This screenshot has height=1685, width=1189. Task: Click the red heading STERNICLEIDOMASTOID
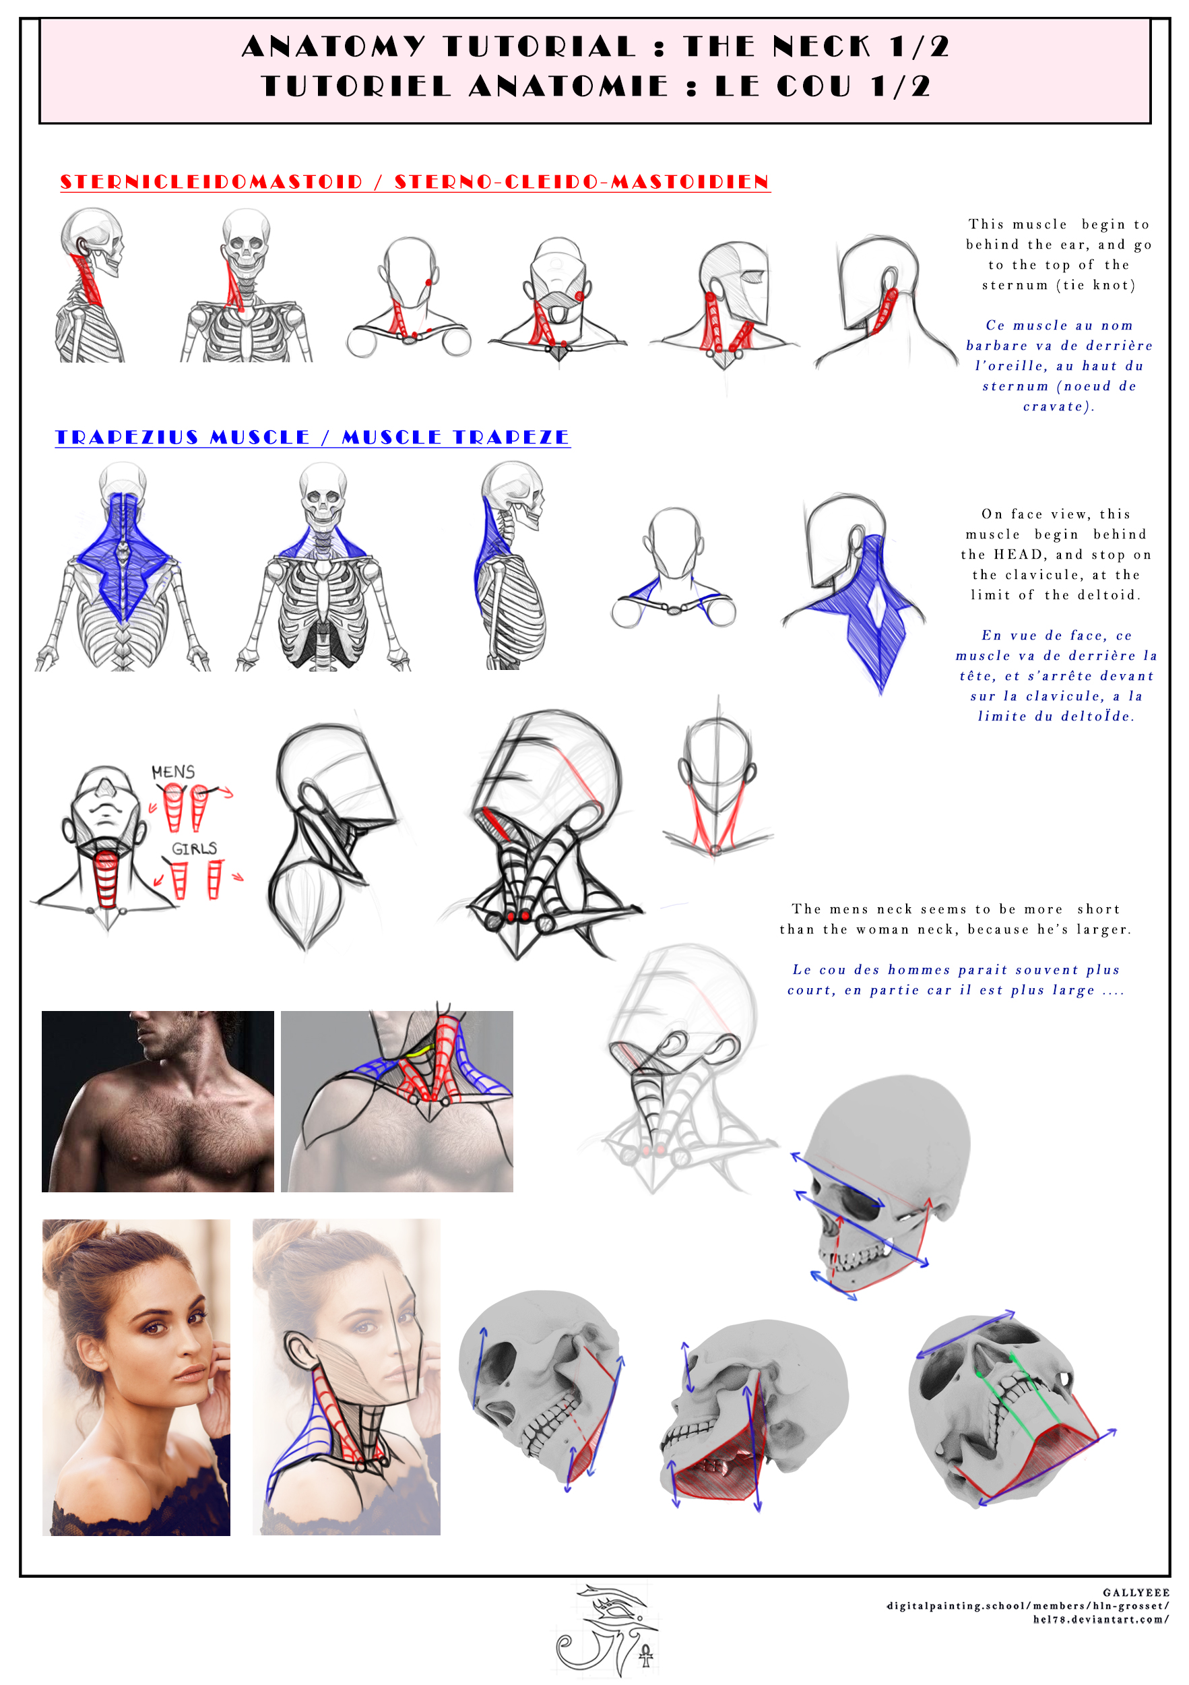(x=212, y=181)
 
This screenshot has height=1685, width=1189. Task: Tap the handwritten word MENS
(x=173, y=772)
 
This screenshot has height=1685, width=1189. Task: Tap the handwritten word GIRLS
(x=195, y=849)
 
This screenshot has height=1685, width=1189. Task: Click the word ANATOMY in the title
(x=333, y=47)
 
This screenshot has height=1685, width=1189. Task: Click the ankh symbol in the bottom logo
(x=645, y=1655)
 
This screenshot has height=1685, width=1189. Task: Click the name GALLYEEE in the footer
(x=1136, y=1593)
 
